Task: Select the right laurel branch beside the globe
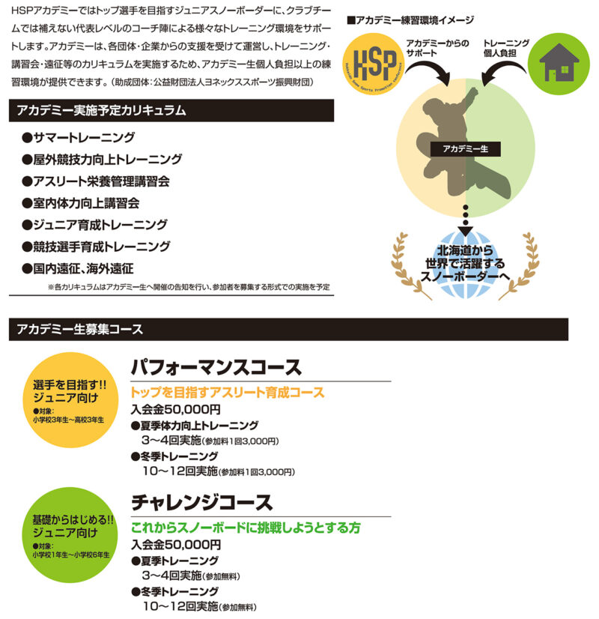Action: tap(524, 263)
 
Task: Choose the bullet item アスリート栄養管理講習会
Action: tap(96, 181)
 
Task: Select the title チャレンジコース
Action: tap(202, 501)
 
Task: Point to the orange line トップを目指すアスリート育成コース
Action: tap(227, 393)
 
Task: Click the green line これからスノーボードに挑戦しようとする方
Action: tap(245, 528)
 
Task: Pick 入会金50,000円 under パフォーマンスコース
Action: tap(175, 410)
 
